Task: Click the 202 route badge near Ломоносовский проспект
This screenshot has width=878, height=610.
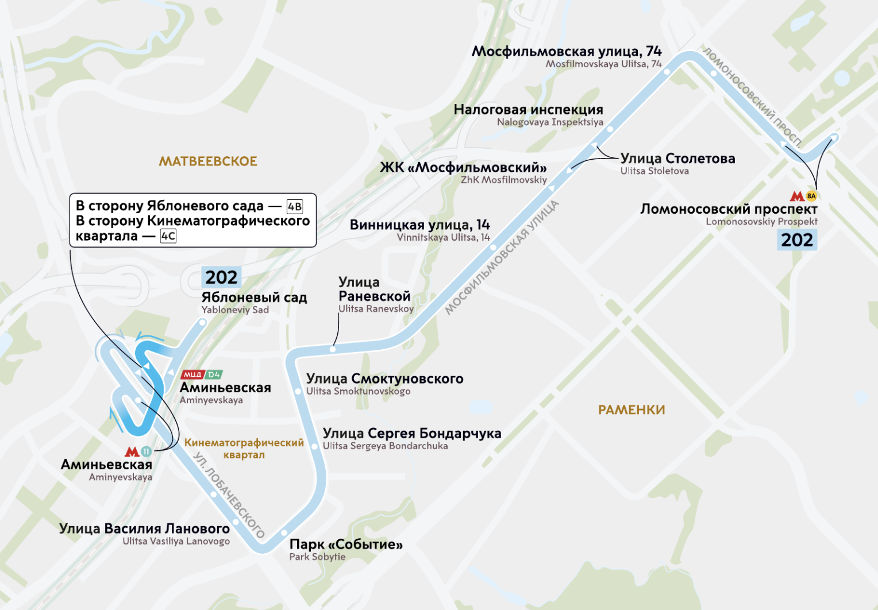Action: click(x=797, y=240)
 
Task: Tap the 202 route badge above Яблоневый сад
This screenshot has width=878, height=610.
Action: click(x=221, y=277)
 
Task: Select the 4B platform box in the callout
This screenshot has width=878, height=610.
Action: click(x=295, y=207)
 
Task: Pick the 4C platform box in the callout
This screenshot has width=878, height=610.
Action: click(x=168, y=236)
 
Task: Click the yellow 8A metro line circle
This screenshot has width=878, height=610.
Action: click(x=811, y=196)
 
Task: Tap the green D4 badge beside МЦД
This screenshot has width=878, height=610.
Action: click(x=214, y=375)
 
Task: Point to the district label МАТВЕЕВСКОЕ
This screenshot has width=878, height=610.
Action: click(x=208, y=161)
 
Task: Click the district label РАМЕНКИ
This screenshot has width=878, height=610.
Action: click(x=631, y=410)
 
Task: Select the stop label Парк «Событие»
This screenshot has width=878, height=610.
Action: click(x=346, y=544)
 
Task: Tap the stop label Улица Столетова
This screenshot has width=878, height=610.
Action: click(x=677, y=159)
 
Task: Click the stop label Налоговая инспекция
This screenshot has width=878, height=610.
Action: click(x=528, y=110)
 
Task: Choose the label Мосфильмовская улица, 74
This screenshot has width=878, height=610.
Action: click(x=567, y=52)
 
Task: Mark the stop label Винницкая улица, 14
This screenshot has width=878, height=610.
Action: click(x=419, y=225)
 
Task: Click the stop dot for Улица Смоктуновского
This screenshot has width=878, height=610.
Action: click(x=298, y=392)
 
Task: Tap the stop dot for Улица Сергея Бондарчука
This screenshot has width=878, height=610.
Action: click(x=314, y=446)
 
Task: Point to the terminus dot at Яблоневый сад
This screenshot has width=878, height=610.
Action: click(x=202, y=323)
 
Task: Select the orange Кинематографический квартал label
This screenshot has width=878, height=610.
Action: click(x=244, y=449)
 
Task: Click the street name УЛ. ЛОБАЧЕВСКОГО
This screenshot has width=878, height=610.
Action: click(x=229, y=495)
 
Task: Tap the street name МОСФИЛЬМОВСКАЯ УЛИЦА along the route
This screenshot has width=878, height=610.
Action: click(x=502, y=257)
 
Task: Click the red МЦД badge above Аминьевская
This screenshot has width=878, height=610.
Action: click(x=192, y=375)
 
